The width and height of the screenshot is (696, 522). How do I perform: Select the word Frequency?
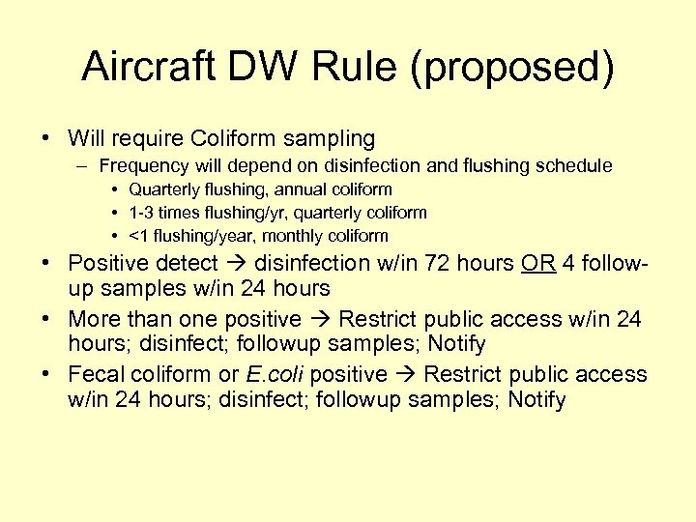pyautogui.click(x=144, y=166)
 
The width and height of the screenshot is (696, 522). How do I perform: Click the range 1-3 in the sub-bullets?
pyautogui.click(x=142, y=213)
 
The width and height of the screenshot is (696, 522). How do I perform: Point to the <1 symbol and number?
pyautogui.click(x=138, y=236)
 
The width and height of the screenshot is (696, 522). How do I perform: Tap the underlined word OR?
pyautogui.click(x=536, y=263)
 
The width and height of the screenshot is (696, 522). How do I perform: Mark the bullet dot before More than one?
pyautogui.click(x=46, y=319)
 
